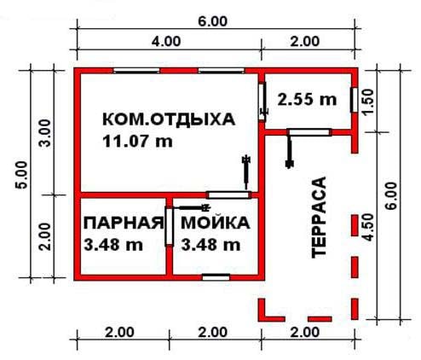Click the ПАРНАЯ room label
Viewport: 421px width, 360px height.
coord(124,223)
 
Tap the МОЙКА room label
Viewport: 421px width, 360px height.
coord(216,223)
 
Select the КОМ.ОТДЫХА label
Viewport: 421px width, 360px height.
coord(169,119)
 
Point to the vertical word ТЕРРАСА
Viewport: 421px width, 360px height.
coord(319,218)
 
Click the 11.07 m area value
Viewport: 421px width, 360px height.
coord(137,141)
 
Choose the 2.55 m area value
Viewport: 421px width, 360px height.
coord(307,100)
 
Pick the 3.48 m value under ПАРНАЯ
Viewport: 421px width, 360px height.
coord(113,245)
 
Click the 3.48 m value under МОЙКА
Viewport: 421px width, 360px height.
coord(210,245)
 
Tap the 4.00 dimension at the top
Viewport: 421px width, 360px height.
coord(166,42)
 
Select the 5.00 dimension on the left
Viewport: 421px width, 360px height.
coord(22,175)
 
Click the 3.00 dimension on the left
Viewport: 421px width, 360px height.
coord(45,133)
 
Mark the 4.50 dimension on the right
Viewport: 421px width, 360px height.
coord(368,228)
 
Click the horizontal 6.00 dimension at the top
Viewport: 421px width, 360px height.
coord(213,21)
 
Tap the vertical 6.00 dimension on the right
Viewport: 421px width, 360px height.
coord(391,196)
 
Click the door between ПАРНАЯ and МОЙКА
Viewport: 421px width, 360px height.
coord(169,227)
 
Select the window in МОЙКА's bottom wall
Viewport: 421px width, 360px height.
coord(216,277)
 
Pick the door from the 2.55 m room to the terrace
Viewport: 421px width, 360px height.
coord(309,132)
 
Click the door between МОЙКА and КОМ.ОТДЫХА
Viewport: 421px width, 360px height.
coord(228,195)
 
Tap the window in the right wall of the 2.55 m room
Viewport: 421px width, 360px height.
coord(354,100)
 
